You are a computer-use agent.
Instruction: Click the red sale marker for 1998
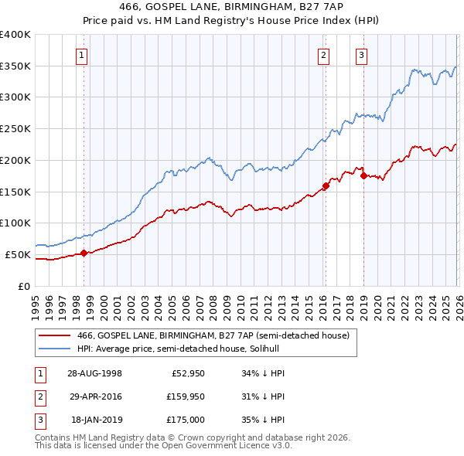pos(84,253)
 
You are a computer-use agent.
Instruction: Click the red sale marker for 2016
pos(326,185)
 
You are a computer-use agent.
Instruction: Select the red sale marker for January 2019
pos(363,175)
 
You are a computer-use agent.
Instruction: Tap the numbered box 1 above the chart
pos(81,55)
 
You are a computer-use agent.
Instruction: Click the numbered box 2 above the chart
pos(322,55)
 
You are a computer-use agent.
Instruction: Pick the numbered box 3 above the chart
pos(361,55)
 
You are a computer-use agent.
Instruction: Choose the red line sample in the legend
pos(54,335)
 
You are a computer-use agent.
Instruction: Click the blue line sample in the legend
pos(54,349)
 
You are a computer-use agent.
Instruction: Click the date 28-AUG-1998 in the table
pos(94,373)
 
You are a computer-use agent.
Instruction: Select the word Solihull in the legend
pos(333,349)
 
